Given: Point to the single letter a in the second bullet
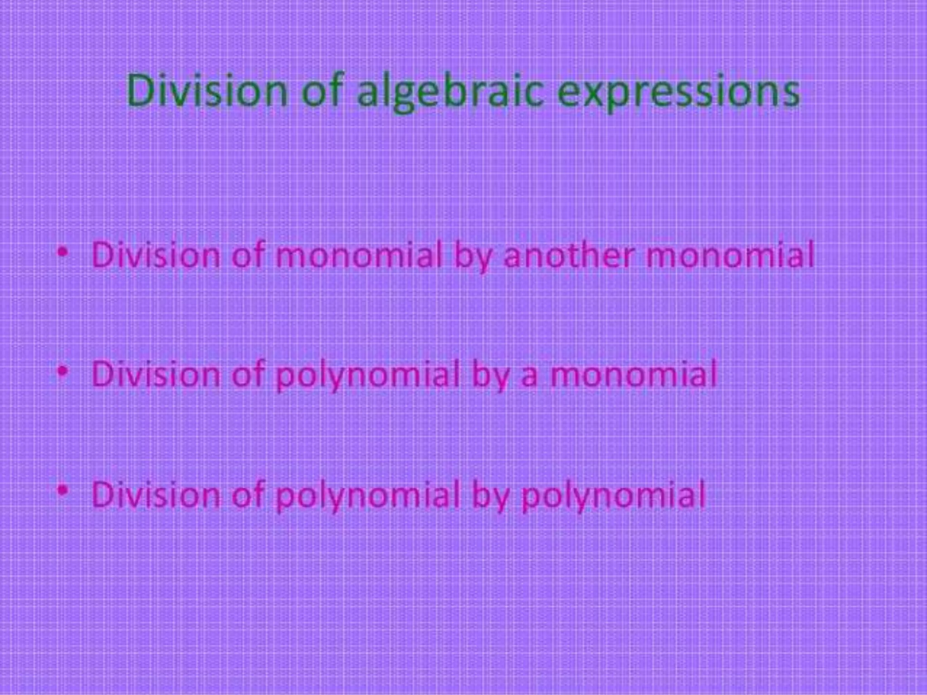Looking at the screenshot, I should [x=529, y=378].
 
